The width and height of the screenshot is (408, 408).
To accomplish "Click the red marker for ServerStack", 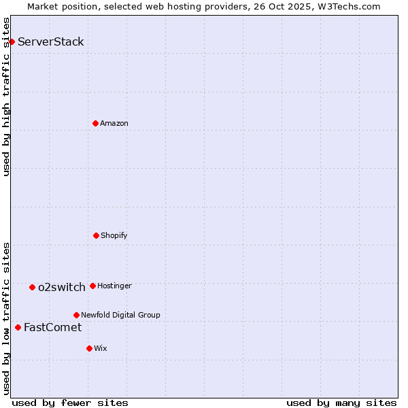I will [12, 41].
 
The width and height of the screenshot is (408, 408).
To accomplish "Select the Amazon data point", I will [95, 123].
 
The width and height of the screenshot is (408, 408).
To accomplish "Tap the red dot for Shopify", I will [96, 235].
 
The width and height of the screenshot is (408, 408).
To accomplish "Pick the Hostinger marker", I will [92, 286].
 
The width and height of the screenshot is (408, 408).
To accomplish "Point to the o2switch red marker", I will [32, 287].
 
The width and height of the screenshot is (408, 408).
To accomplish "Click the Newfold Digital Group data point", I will [76, 315].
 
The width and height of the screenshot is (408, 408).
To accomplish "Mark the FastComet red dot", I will [18, 327].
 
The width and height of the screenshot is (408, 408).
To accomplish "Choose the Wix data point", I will [89, 348].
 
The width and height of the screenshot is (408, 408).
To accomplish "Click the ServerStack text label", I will [51, 41].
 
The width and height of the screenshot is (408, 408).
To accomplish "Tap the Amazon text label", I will [114, 123].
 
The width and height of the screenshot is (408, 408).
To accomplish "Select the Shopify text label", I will [114, 235].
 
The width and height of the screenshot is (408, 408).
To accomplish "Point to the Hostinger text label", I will [114, 286].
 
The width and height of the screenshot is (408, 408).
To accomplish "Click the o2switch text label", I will [62, 287].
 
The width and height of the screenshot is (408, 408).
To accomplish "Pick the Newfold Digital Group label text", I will [120, 315].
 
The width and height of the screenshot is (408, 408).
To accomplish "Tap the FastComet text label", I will [52, 327].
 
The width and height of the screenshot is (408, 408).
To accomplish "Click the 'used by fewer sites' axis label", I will [70, 403].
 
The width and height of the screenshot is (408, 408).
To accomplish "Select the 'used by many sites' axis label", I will [341, 403].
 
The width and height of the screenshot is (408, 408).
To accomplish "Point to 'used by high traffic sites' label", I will [6, 97].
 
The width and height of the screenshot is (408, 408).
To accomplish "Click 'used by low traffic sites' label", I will [6, 318].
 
